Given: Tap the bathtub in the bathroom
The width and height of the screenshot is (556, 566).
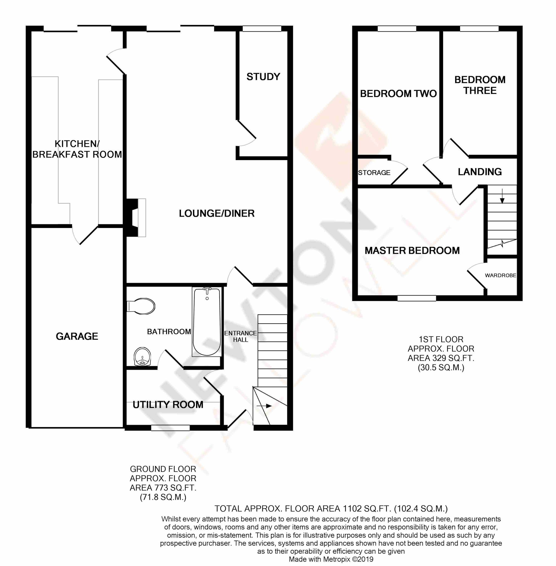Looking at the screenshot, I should tap(206, 321).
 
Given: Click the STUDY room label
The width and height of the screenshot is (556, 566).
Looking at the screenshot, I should tap(263, 77).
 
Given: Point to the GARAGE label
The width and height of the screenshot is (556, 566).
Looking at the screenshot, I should tap(77, 336).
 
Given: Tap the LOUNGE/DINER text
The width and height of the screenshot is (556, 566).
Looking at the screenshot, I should tap(217, 214).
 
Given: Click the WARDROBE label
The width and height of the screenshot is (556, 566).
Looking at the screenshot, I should tap(500, 275).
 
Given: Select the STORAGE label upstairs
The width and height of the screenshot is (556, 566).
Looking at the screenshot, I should tap(374, 173).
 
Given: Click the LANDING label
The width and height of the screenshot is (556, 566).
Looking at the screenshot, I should tap(480, 172).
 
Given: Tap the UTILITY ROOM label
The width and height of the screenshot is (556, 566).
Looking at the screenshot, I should tap(168, 404).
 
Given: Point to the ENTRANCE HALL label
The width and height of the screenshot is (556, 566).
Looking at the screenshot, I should tap(240, 336).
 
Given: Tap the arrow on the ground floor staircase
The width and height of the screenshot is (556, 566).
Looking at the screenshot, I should tap(264, 406).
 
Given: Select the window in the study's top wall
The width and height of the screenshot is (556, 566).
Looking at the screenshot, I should tap(262, 29).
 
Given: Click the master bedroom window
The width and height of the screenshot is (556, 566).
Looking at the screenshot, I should tap(417, 298).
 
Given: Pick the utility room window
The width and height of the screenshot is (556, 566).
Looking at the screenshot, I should tap(170, 428).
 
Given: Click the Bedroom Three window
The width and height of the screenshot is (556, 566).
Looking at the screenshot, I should tap(479, 29).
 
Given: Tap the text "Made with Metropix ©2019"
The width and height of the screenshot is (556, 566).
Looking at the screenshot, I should tap(331, 559).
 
